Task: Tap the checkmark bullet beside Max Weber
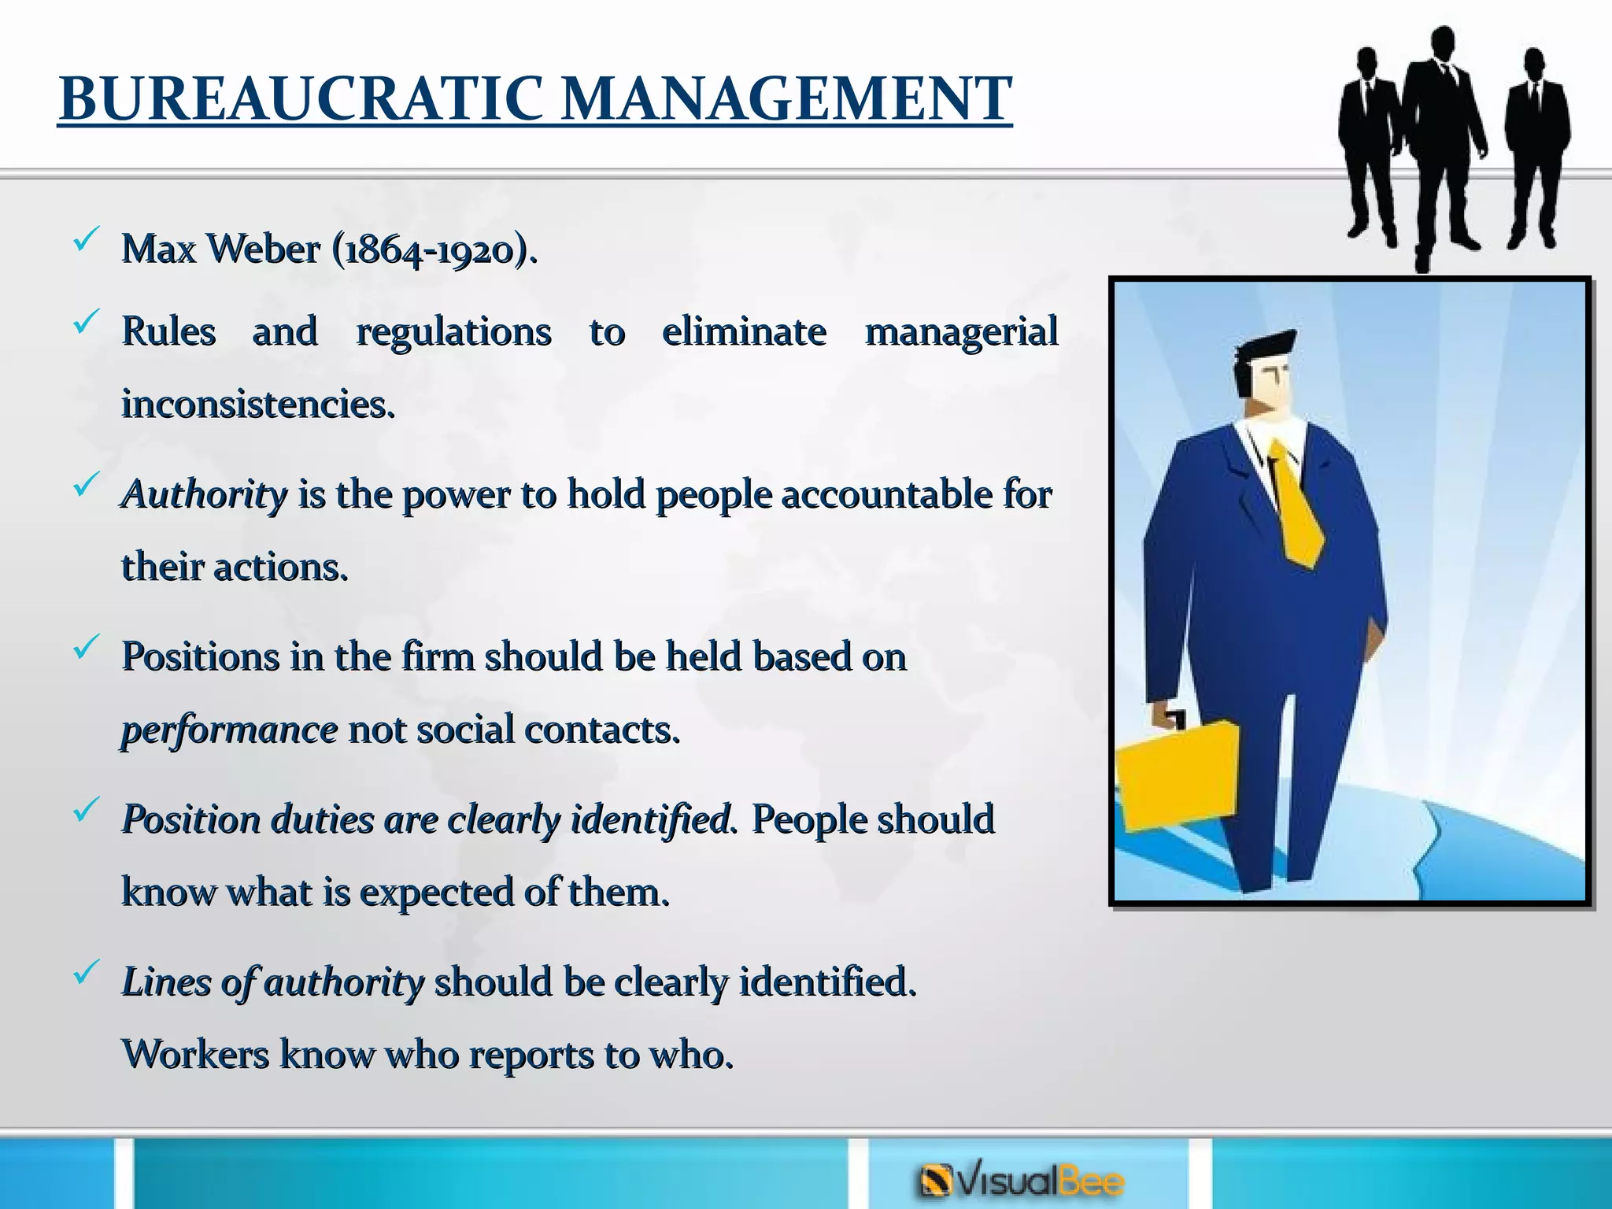tap(85, 239)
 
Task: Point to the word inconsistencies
tap(257, 405)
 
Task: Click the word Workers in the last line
tap(195, 1055)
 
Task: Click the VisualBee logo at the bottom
tap(1022, 1181)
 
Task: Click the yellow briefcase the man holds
tap(1174, 775)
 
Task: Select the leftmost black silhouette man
tap(1370, 142)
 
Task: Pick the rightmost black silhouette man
tap(1536, 146)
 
